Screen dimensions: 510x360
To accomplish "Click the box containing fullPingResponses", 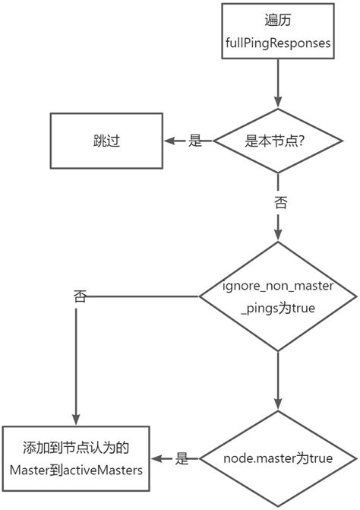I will click(x=277, y=33).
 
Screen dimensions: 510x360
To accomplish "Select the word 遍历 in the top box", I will click(x=277, y=21).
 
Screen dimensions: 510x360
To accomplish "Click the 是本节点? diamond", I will click(x=278, y=141).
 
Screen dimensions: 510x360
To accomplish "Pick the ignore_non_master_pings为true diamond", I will click(x=278, y=297).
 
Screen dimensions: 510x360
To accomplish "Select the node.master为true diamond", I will click(x=278, y=458).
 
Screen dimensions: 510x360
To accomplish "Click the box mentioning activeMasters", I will click(x=76, y=458).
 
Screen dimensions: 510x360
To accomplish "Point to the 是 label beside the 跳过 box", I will click(x=194, y=141).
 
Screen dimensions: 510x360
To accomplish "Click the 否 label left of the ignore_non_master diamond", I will click(x=79, y=296).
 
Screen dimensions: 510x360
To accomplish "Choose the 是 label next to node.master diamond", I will click(x=182, y=458).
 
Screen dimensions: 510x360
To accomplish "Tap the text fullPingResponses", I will click(x=277, y=43).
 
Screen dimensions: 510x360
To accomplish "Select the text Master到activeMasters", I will click(x=76, y=470).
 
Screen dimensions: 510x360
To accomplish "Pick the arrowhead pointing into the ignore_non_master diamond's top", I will click(x=278, y=235).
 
